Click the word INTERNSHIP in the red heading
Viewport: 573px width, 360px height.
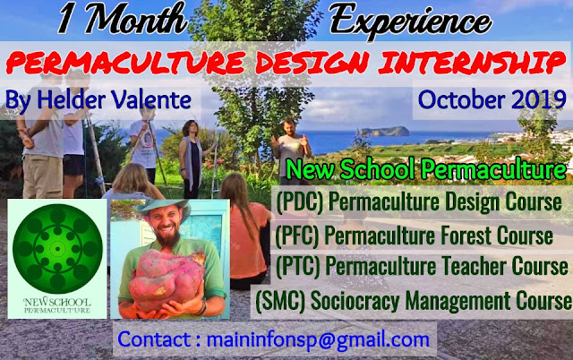tap(472, 63)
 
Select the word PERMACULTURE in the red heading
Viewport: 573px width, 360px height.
tap(125, 63)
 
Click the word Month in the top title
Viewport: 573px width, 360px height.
tap(136, 18)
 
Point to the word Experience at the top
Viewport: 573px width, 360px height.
tap(410, 20)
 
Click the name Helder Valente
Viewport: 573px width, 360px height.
tap(114, 99)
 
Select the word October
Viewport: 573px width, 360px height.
tap(462, 99)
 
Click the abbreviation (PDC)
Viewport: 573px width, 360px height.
tap(300, 202)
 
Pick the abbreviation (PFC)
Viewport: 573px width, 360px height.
tap(297, 236)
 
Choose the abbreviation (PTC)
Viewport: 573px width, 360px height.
tap(298, 266)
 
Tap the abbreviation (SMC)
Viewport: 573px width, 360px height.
tap(280, 301)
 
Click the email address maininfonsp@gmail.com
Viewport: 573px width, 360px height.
tap(318, 339)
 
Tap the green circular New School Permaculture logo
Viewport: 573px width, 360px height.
tap(57, 249)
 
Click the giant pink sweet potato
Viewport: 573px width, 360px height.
tap(167, 279)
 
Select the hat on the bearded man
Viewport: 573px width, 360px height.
tap(164, 208)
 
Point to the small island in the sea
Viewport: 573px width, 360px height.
tap(384, 131)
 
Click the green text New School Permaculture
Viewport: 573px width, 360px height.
tap(426, 169)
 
